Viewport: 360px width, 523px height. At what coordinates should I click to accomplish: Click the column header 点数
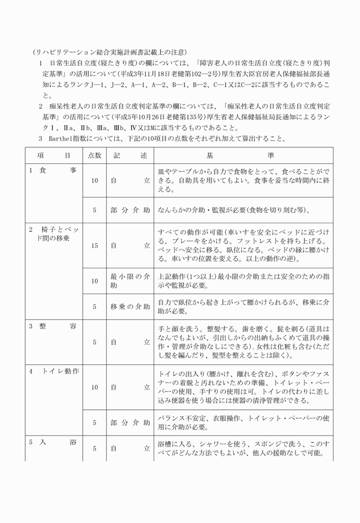pyautogui.click(x=94, y=155)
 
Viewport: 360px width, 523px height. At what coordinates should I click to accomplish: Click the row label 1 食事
pyautogui.click(x=53, y=171)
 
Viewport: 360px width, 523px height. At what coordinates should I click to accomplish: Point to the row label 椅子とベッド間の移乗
pyautogui.click(x=54, y=234)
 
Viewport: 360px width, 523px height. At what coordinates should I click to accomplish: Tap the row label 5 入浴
pyautogui.click(x=53, y=441)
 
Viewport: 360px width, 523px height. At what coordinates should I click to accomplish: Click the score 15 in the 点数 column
pyautogui.click(x=94, y=246)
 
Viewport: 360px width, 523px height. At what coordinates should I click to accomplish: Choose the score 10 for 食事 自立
pyautogui.click(x=94, y=180)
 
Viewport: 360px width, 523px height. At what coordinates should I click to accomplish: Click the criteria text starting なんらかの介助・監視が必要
pyautogui.click(x=234, y=210)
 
